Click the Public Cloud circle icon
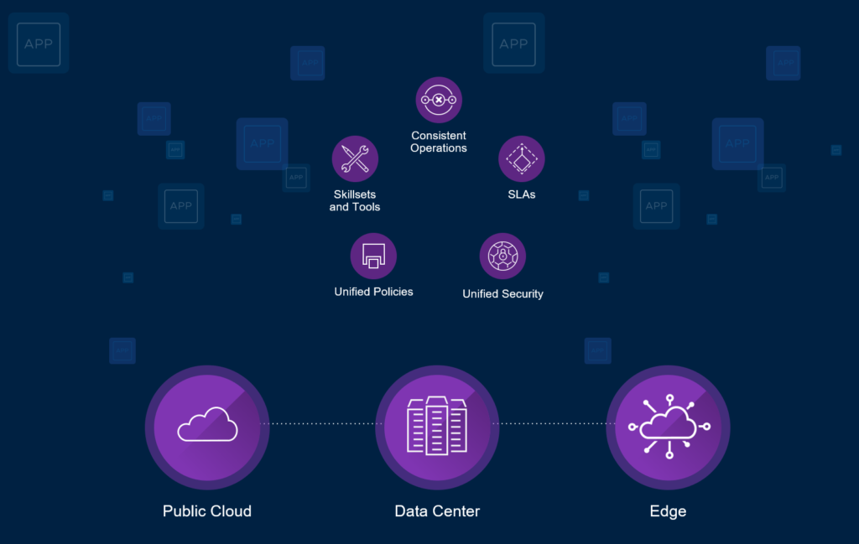(207, 427)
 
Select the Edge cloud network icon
(668, 427)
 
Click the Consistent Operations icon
(439, 101)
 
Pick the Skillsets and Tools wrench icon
(355, 159)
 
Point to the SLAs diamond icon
(522, 159)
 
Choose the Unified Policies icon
(373, 256)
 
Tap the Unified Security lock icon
(502, 256)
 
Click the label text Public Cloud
(207, 510)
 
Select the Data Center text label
(437, 510)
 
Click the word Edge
(668, 510)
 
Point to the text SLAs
(522, 194)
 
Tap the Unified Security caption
(502, 294)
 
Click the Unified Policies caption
(373, 292)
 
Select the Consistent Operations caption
(439, 142)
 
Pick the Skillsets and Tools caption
(355, 200)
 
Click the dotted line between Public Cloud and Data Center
(322, 424)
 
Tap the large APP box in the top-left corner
(39, 44)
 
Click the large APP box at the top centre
(513, 44)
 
